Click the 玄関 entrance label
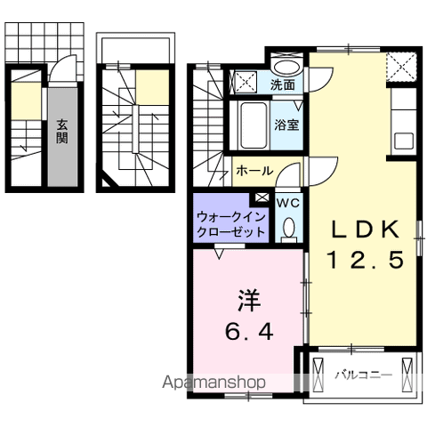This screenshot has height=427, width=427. (62, 132)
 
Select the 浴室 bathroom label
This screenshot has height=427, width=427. (286, 125)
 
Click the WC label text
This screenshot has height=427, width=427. (286, 203)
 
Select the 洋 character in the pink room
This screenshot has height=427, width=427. (247, 299)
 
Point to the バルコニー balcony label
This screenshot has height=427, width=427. (363, 375)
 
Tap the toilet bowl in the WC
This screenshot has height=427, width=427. (286, 230)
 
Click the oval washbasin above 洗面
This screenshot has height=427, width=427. (286, 67)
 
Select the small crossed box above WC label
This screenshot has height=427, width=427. (262, 197)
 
